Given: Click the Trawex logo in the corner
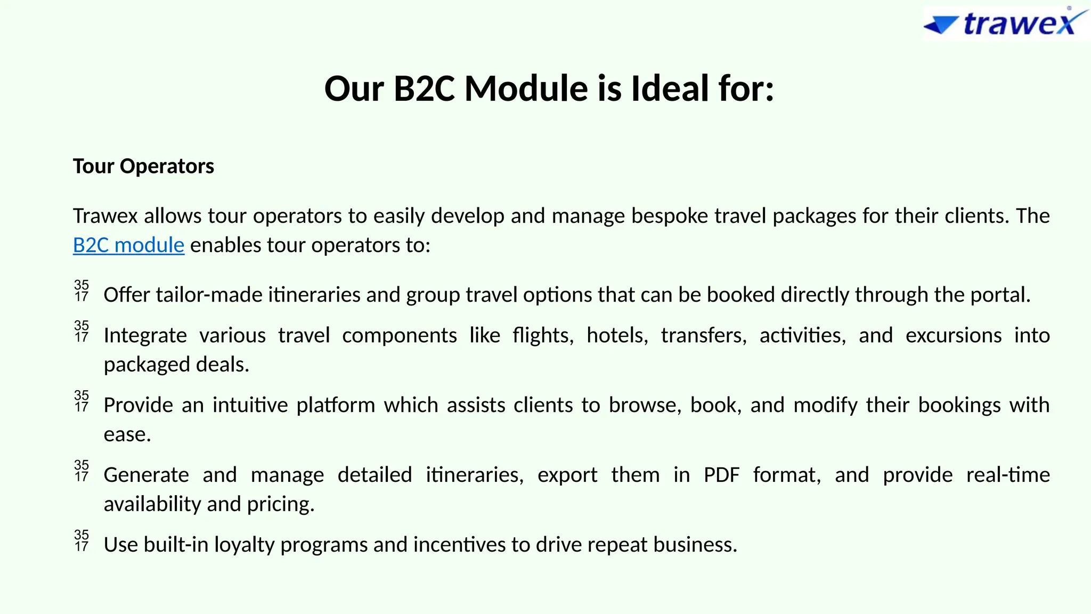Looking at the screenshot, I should [x=1005, y=23].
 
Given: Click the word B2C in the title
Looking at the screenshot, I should [x=424, y=88].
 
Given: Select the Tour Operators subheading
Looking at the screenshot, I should [x=143, y=166].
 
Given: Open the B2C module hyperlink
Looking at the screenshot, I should [x=128, y=245].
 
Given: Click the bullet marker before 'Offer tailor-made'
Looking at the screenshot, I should [x=82, y=291].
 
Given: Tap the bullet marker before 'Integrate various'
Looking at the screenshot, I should [x=82, y=332].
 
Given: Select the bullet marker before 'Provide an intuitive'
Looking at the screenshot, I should [x=82, y=401].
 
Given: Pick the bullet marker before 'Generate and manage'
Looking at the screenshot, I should [x=82, y=471].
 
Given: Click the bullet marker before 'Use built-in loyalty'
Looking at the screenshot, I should [x=82, y=541].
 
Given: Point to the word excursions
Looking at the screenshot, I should [x=953, y=335].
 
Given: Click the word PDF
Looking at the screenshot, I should [x=721, y=475].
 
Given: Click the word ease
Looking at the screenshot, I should [x=127, y=434].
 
